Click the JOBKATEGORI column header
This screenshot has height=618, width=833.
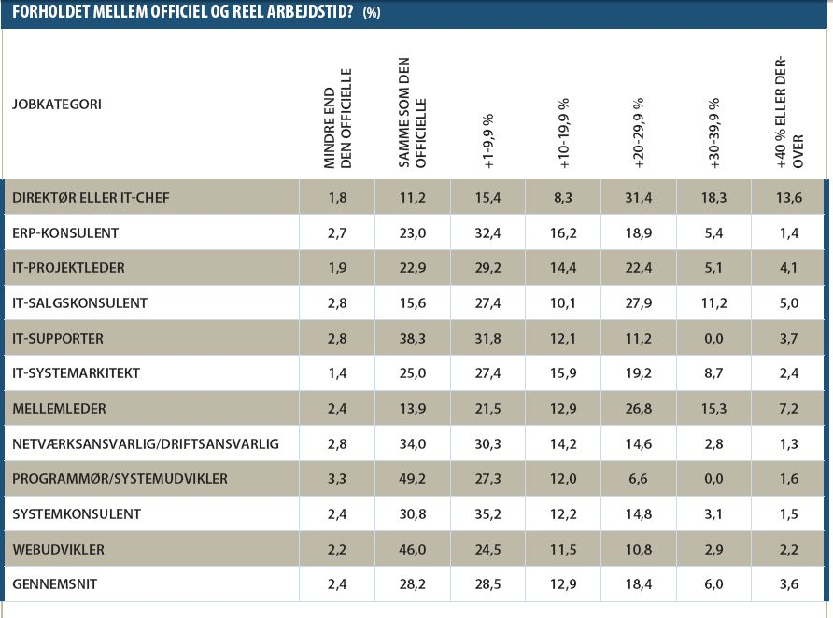pyautogui.click(x=57, y=104)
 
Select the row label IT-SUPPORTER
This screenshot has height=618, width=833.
pyautogui.click(x=58, y=338)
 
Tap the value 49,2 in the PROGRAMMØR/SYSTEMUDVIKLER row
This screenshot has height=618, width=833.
pyautogui.click(x=413, y=478)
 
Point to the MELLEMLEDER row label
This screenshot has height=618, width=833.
pyautogui.click(x=59, y=408)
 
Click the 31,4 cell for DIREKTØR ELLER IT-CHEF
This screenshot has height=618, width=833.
pyautogui.click(x=639, y=198)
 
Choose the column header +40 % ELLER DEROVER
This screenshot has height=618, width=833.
pyautogui.click(x=789, y=113)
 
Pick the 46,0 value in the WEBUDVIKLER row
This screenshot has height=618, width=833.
pyautogui.click(x=413, y=549)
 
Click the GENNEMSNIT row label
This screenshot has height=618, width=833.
pyautogui.click(x=55, y=584)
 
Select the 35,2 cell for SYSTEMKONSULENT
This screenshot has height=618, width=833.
pyautogui.click(x=487, y=514)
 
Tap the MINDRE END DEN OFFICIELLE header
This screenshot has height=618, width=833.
pyautogui.click(x=337, y=119)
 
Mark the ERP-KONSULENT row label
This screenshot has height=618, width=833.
pyautogui.click(x=65, y=232)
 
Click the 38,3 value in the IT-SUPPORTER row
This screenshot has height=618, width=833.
pyautogui.click(x=413, y=338)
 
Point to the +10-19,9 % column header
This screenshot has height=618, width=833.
pyautogui.click(x=564, y=133)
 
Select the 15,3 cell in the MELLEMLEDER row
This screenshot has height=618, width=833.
pyautogui.click(x=713, y=408)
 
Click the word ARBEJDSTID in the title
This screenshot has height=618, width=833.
pyautogui.click(x=310, y=12)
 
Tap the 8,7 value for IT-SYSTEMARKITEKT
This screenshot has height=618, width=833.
pyautogui.click(x=713, y=373)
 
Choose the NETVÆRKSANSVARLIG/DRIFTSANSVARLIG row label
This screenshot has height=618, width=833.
pyautogui.click(x=146, y=443)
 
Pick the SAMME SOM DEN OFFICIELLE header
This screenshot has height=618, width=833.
pyautogui.click(x=412, y=113)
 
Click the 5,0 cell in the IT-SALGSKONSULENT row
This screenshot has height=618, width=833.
pyautogui.click(x=789, y=303)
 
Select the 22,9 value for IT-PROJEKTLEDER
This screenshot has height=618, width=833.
pyautogui.click(x=413, y=268)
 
